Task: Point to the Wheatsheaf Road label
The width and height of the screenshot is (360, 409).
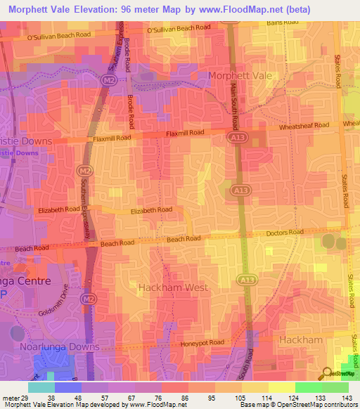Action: pyautogui.click(x=304, y=126)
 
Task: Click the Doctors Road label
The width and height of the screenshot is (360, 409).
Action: pyautogui.click(x=285, y=233)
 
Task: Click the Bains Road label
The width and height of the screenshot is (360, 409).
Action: pyautogui.click(x=284, y=23)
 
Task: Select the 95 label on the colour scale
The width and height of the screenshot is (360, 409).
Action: pyautogui.click(x=204, y=398)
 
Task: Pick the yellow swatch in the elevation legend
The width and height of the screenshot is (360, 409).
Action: pyautogui.click(x=282, y=387)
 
